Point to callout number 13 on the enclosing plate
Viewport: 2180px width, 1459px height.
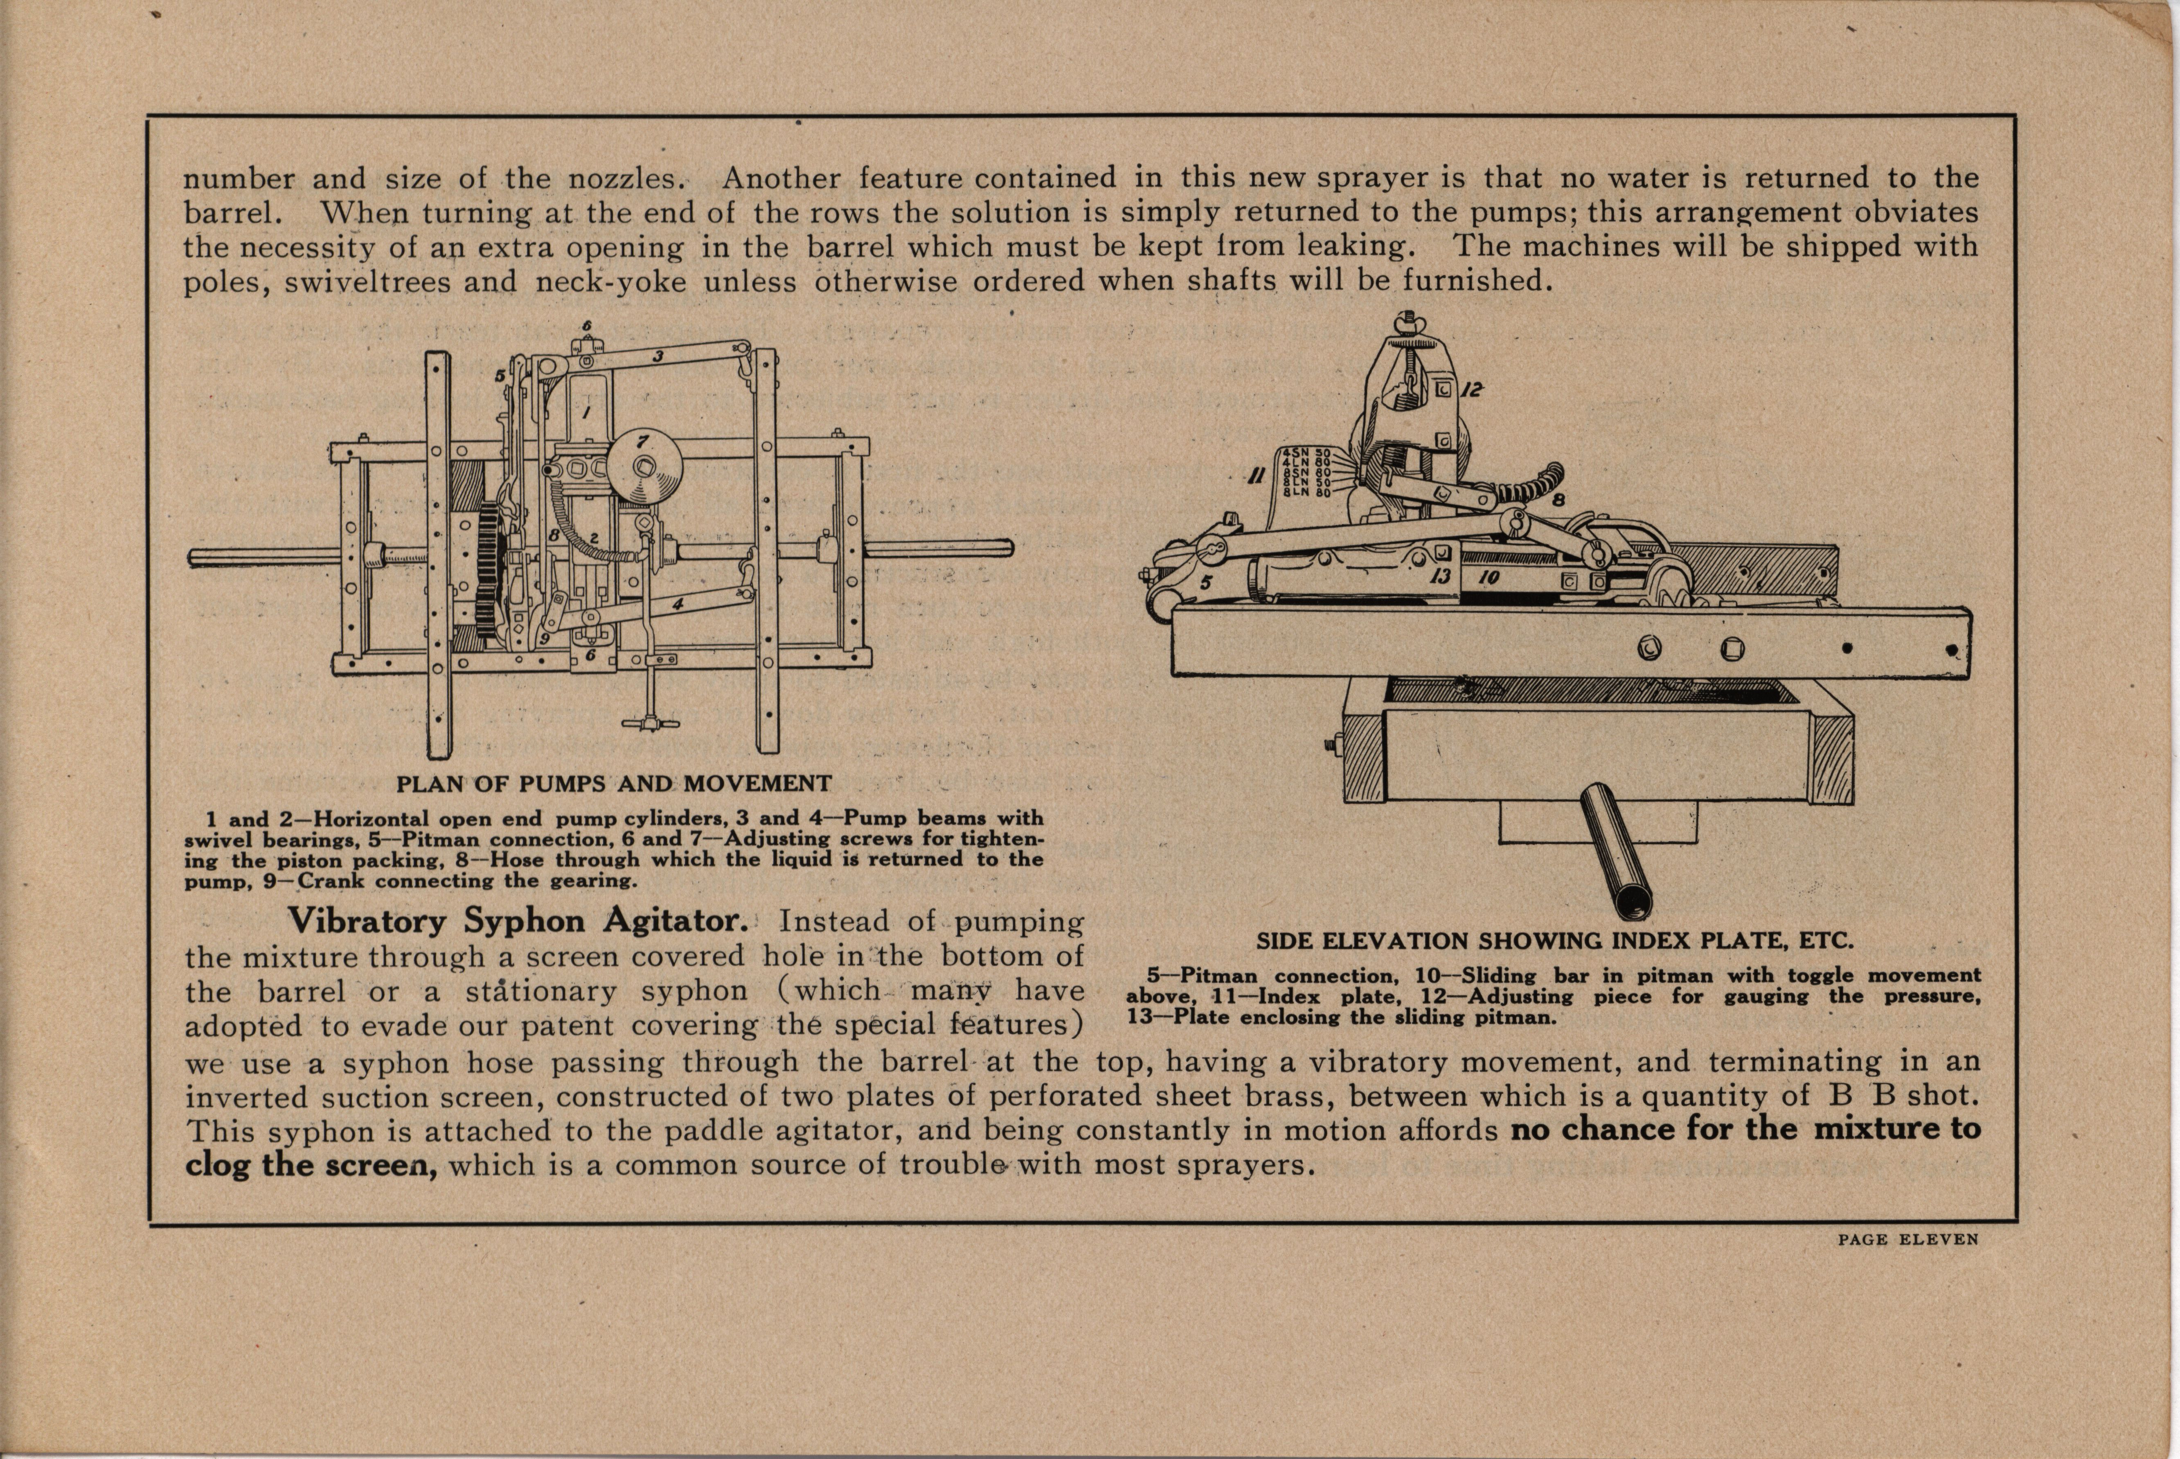pyautogui.click(x=1440, y=576)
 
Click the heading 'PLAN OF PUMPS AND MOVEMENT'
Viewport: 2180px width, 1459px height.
pyautogui.click(x=613, y=783)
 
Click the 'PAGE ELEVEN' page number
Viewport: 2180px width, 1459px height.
pyautogui.click(x=1907, y=1239)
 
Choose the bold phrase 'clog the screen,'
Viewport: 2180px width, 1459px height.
pyautogui.click(x=311, y=1165)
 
